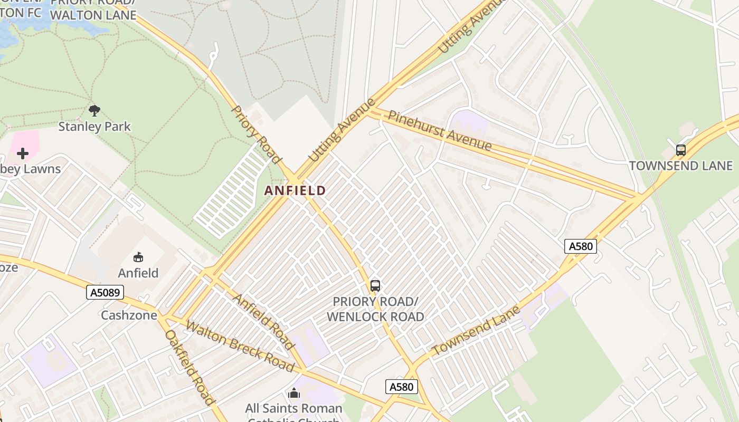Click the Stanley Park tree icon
[94, 110]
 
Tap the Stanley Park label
[94, 127]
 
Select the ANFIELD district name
[295, 190]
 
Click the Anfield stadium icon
[138, 257]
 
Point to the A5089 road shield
[105, 292]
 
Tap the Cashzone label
[129, 315]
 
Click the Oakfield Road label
[190, 367]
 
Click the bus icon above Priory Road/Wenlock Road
[375, 286]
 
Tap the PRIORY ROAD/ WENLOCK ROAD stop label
[375, 309]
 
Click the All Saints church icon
[294, 393]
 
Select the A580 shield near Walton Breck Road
[401, 387]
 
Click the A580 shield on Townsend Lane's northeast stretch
[580, 246]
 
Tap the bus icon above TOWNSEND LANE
[681, 150]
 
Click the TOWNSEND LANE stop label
[681, 166]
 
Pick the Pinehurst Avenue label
[440, 130]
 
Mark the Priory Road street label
[255, 134]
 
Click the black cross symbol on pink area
[23, 154]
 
